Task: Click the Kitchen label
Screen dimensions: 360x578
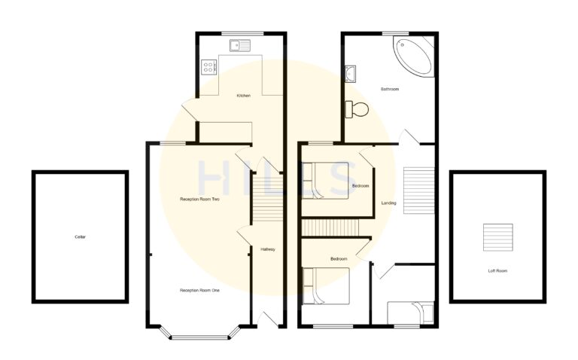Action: pos(243,96)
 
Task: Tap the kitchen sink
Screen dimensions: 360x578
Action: pos(242,44)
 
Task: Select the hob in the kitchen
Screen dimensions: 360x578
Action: pos(208,69)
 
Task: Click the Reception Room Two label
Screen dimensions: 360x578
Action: pos(199,200)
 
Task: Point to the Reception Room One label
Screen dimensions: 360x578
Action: pos(199,290)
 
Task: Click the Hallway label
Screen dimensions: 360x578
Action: pos(268,249)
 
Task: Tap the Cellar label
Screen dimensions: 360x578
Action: pos(80,237)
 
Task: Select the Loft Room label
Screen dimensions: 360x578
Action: pos(497,270)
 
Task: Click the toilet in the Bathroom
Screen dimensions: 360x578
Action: pos(355,109)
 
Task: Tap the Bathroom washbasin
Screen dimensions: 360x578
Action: pos(351,74)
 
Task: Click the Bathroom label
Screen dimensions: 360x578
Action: pos(389,90)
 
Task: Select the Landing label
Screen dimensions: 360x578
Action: pos(388,203)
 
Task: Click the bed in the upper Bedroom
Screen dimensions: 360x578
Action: pos(328,181)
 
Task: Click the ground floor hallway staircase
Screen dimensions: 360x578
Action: pos(266,197)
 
